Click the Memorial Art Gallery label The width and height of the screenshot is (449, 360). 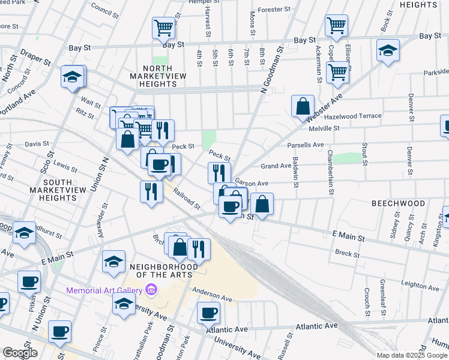click(x=104, y=290)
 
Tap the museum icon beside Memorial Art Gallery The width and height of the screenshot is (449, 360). click(x=151, y=290)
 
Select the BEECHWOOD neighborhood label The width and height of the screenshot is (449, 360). click(x=398, y=203)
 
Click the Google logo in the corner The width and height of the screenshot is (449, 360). click(x=19, y=353)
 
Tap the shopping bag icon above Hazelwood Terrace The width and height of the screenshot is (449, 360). click(x=303, y=106)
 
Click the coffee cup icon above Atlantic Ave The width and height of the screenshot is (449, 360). click(x=209, y=312)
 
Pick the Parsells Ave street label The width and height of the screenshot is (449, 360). click(x=305, y=145)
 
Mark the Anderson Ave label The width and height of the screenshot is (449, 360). click(x=212, y=297)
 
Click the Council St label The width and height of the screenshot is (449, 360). click(x=104, y=10)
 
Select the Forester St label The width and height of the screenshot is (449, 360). click(x=274, y=10)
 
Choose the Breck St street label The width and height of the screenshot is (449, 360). click(x=346, y=254)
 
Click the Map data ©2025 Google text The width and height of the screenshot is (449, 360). click(x=411, y=355)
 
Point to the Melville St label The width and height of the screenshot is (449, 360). click(x=324, y=128)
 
